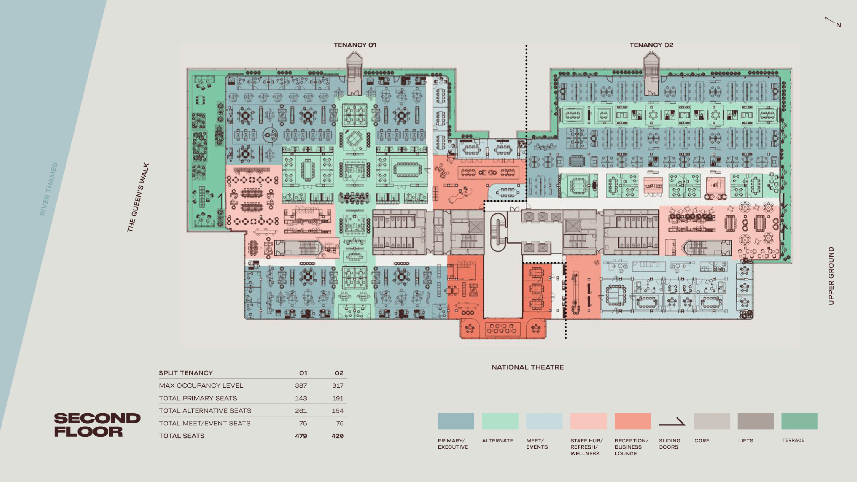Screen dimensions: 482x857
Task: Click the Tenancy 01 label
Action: coord(355,45)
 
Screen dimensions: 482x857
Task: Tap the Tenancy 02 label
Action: coord(651,45)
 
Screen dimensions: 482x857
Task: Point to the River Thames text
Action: coord(49,189)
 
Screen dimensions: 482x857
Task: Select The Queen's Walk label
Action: coord(138,197)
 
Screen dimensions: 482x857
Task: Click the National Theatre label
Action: coord(528,367)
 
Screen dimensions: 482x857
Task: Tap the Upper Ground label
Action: coord(831,276)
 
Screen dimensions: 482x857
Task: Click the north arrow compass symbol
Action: coord(832,22)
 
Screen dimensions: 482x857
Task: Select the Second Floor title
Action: coord(97,425)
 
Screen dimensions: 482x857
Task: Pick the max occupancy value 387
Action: coord(301,385)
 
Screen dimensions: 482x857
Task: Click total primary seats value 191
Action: coord(338,398)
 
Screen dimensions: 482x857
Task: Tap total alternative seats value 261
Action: coord(301,411)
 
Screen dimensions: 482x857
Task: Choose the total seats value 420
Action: coord(337,436)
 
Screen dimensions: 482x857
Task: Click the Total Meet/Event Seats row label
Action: coord(205,423)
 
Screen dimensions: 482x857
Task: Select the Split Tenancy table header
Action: coord(186,373)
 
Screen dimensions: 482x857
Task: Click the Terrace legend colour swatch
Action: coord(799,421)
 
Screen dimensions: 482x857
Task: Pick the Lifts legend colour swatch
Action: coord(755,421)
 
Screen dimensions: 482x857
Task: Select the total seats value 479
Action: coord(301,436)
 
